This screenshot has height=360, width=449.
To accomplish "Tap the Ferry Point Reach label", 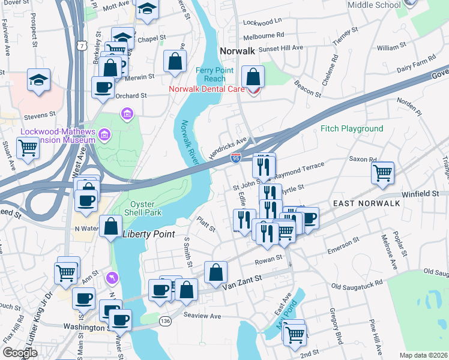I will click(211, 75).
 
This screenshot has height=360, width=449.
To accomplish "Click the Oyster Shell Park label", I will click(142, 208).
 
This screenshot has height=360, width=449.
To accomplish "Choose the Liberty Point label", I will click(148, 233).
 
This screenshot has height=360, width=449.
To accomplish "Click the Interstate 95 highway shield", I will click(237, 157).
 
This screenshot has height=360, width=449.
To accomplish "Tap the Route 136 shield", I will click(165, 322).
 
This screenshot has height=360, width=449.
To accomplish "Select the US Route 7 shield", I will click(89, 45).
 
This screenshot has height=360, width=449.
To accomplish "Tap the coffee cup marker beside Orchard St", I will click(103, 87).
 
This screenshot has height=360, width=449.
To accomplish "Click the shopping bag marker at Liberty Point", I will click(111, 227).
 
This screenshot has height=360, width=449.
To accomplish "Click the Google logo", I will click(20, 353).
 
